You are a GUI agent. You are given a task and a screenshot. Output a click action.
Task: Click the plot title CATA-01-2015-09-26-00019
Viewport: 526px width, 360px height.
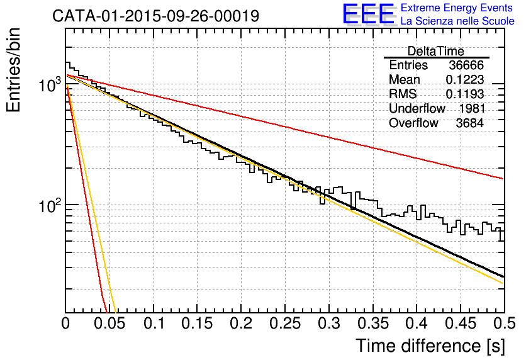coord(155,16)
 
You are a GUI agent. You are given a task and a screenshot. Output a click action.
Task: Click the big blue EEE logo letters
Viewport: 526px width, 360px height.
coord(368,14)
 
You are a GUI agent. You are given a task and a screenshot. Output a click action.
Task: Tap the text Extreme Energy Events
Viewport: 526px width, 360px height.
coord(457,8)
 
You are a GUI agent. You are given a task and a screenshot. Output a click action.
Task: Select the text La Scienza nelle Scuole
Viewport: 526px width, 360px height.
coord(457,21)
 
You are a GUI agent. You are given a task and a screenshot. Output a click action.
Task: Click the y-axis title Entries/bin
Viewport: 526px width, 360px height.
coord(13,70)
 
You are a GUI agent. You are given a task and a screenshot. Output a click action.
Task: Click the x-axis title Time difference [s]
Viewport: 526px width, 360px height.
coord(430,346)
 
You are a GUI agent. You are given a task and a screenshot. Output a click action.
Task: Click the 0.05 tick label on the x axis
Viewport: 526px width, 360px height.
coord(109,323)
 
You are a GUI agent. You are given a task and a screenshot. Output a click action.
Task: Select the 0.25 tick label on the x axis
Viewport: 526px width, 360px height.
coord(285,323)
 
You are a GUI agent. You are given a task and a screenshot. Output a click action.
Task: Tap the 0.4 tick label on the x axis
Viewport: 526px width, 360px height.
coord(417,323)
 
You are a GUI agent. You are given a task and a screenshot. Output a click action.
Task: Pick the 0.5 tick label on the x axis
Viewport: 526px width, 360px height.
coord(504,323)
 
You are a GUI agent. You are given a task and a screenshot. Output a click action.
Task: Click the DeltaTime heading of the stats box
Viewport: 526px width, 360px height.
coord(436,51)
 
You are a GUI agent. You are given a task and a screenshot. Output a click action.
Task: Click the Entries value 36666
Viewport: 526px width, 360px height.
coord(466,65)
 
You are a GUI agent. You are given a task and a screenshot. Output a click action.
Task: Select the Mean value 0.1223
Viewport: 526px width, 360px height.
coord(464,79)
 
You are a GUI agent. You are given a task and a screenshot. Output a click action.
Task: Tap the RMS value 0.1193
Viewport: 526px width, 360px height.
coord(464,94)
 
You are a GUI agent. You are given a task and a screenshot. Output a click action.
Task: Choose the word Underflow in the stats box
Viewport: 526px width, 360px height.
coord(417,108)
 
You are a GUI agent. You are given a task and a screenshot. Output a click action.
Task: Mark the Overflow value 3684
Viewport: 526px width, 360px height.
coord(469,123)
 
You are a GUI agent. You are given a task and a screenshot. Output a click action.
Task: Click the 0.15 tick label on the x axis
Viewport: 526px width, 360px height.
coord(198,323)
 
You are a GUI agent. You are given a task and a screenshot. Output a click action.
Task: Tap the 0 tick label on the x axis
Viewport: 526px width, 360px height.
coord(65,323)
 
